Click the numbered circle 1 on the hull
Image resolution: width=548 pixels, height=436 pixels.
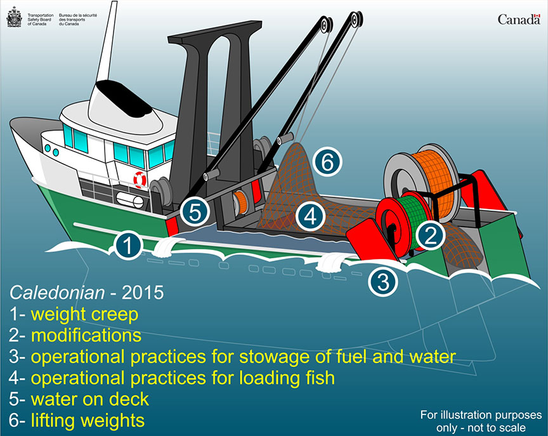[x=128, y=245]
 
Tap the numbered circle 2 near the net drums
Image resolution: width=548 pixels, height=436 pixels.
[x=431, y=235]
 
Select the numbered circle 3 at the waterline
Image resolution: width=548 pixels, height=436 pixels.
[x=383, y=281]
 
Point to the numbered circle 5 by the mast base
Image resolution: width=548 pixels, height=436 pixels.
[x=195, y=211]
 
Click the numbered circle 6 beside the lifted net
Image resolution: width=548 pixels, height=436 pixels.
[x=327, y=162]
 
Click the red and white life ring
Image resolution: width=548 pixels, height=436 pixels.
[x=140, y=180]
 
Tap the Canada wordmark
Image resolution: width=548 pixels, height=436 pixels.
[x=519, y=19]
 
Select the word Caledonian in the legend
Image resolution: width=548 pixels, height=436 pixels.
[x=57, y=293]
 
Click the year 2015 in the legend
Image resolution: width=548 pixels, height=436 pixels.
[x=142, y=293]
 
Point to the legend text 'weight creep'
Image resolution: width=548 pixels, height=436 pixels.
[x=84, y=315]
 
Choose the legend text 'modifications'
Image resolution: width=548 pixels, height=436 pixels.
[x=86, y=335]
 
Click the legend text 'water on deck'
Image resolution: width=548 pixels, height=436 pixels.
[x=90, y=399]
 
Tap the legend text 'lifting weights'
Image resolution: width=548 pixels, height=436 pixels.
[x=88, y=421]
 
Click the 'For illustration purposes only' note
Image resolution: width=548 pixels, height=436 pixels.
[x=481, y=421]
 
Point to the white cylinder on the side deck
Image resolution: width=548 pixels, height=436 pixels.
[x=129, y=200]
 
